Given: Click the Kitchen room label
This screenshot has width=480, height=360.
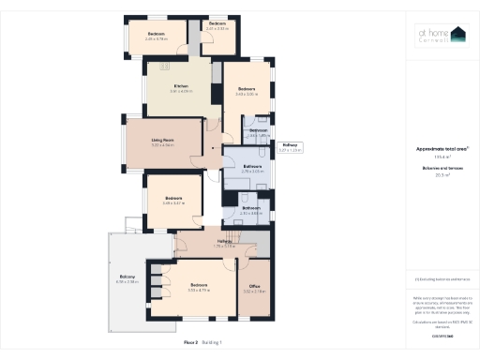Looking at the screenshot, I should tap(181, 86).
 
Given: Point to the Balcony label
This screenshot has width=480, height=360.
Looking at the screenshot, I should tap(127, 277).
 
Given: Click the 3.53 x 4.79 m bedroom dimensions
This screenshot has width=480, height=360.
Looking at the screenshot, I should tap(198, 291).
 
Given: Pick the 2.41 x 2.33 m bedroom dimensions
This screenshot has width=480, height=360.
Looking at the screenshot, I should tap(217, 28).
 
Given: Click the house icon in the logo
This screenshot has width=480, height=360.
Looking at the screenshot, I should tap(457, 35).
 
